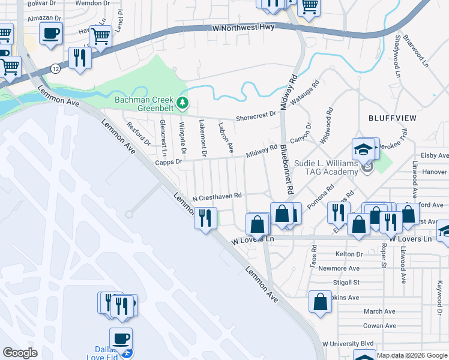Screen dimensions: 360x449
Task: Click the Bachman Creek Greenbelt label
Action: click(144, 104)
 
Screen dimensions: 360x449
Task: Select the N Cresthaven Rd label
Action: click(217, 196)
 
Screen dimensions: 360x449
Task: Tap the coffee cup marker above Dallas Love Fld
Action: click(121, 338)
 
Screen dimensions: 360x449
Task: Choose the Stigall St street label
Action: click(347, 282)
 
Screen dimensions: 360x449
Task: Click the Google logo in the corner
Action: click(20, 352)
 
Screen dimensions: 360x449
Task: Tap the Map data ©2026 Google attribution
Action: click(412, 355)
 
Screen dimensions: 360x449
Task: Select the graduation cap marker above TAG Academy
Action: click(363, 149)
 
